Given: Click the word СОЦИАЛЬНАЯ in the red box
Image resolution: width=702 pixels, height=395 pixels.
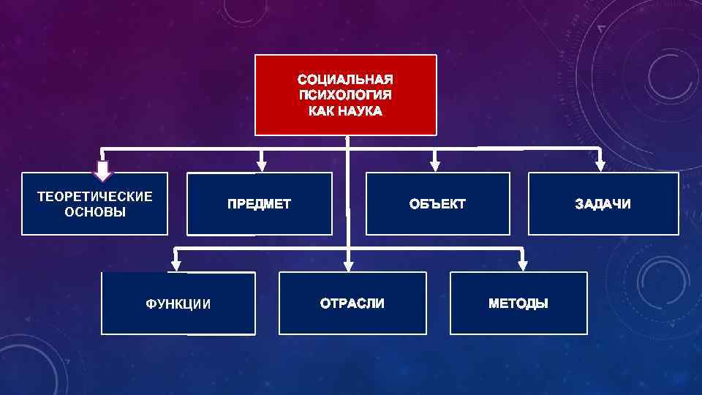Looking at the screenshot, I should (345, 79).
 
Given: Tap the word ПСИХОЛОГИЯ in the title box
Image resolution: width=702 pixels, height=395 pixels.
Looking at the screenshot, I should (345, 95).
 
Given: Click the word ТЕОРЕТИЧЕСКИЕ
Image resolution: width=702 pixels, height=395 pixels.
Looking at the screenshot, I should (95, 196).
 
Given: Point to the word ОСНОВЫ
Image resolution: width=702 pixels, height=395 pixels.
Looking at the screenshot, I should (95, 212).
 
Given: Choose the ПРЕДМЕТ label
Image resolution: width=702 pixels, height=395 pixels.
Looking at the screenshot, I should (259, 204).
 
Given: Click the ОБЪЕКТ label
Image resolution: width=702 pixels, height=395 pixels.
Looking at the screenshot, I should (437, 204).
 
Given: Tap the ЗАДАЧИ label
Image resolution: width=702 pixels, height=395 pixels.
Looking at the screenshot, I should (603, 204).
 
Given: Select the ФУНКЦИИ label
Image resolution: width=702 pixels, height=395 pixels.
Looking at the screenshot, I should (178, 304).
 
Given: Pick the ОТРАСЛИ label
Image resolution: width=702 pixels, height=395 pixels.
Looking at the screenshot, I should (352, 304).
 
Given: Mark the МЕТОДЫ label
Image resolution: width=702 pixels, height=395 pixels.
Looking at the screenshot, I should (518, 304).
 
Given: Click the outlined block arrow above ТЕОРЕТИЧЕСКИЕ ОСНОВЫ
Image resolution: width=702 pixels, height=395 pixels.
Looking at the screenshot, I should (103, 170).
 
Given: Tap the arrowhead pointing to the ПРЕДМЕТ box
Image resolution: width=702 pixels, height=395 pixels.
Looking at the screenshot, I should (262, 166).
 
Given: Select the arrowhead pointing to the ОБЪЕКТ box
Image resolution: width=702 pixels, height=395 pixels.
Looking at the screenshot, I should (436, 166).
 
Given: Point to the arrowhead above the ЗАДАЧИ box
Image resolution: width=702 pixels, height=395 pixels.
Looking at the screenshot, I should (600, 166).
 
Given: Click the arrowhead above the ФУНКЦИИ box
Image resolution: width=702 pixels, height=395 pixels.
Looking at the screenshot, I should (175, 265).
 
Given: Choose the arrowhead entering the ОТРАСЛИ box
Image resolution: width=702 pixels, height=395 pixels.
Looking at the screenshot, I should (349, 266).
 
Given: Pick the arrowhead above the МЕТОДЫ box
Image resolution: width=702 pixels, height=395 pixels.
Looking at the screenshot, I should (522, 265).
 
